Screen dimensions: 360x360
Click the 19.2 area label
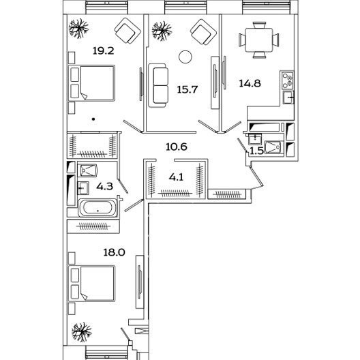pos(104,50)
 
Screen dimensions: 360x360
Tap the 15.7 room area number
pos(187,89)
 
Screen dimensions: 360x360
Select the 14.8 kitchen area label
pos(250,83)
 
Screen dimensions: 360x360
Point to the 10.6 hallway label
pos(177,147)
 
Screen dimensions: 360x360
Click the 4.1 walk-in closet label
pos(176,177)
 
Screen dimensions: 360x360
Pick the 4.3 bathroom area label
pos(105,186)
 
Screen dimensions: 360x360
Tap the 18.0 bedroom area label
pos(114,252)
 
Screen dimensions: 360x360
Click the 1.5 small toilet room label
pos(256,151)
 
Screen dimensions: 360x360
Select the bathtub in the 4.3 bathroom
pos(97,208)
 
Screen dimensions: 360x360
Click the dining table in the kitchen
pos(259,40)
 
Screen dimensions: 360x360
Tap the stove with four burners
pos(288,80)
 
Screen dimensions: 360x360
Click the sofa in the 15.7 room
pos(157,85)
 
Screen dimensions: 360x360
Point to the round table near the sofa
pos(185,57)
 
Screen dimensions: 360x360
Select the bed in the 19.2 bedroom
pos(91,83)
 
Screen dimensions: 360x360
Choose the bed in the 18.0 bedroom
pos(91,284)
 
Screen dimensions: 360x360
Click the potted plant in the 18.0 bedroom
pos(82,332)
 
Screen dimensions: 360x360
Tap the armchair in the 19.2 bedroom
pos(127,31)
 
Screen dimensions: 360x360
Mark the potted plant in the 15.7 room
pos(162,31)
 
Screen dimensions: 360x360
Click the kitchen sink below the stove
pos(288,97)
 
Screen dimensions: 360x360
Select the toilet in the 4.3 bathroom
pos(89,170)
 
